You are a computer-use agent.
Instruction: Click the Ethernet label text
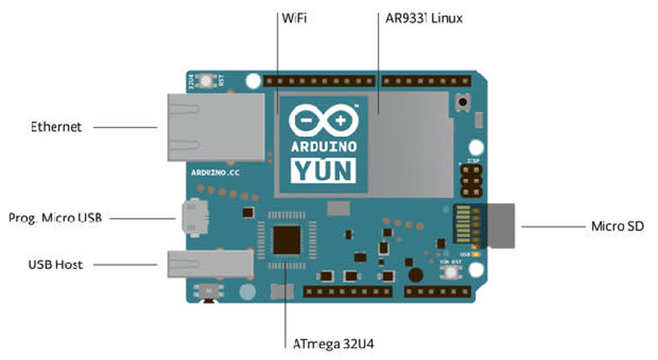pyautogui.click(x=57, y=127)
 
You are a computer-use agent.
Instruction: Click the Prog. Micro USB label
pyautogui.click(x=55, y=218)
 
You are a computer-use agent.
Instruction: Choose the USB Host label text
pyautogui.click(x=56, y=265)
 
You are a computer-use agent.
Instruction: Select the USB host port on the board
pyautogui.click(x=208, y=264)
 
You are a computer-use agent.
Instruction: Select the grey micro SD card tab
pyautogui.click(x=504, y=226)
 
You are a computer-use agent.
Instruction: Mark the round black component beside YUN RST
pyautogui.click(x=414, y=275)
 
